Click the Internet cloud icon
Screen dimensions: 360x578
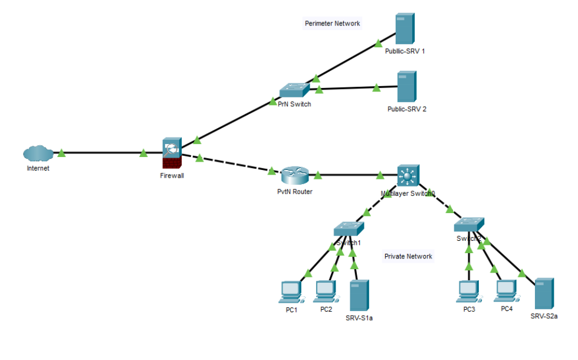(38, 154)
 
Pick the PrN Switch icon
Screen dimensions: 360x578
(294, 90)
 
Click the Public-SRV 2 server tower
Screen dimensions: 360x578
(406, 87)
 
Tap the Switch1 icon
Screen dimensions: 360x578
(348, 229)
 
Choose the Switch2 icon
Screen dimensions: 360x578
(469, 225)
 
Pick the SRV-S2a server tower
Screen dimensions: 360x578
(543, 293)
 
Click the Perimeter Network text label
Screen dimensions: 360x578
(332, 24)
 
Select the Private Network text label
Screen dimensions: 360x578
(408, 256)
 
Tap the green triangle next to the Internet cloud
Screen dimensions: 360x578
(61, 153)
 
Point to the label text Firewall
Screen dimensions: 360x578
(172, 175)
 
